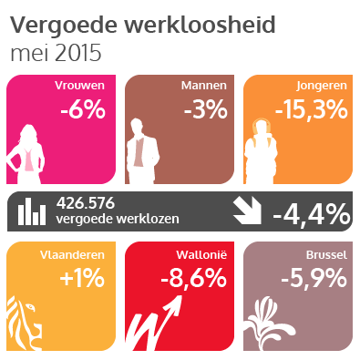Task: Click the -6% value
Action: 83,110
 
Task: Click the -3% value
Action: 204,110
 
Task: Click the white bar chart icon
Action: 34,211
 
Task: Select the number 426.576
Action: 86,204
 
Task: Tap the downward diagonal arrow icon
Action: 249,211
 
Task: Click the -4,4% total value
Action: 311,213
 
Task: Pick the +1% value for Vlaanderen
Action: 83,278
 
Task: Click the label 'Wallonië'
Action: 202,255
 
